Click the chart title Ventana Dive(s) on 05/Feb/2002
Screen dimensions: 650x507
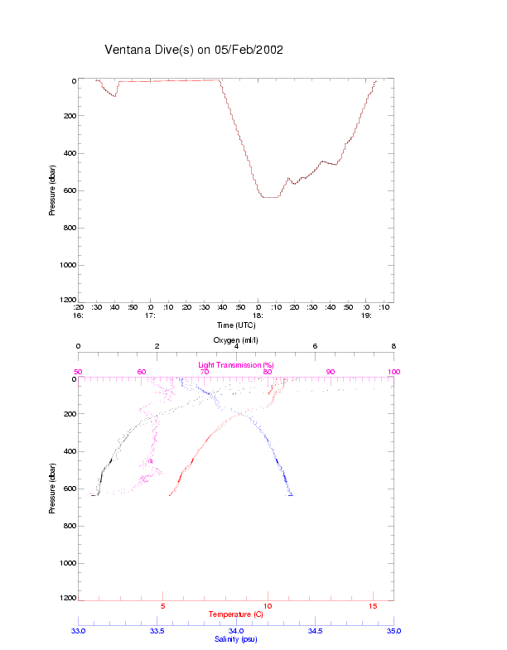(194, 50)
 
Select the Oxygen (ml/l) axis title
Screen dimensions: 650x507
(236, 339)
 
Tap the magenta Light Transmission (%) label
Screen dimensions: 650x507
(236, 365)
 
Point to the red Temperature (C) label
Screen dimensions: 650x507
(236, 614)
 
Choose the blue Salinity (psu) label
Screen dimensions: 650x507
(236, 639)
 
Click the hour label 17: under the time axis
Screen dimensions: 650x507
(150, 315)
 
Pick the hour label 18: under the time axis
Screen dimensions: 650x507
(258, 315)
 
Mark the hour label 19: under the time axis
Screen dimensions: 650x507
(366, 315)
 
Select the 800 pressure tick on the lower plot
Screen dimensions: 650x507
(69, 526)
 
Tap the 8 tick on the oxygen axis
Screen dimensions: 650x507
(394, 347)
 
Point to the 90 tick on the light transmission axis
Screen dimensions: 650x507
(331, 372)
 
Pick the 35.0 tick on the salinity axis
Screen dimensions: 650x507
(394, 631)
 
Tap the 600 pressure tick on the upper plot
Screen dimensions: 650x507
(69, 190)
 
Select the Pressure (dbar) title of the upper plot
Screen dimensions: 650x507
(52, 190)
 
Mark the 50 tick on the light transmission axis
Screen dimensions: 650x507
(79, 372)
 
